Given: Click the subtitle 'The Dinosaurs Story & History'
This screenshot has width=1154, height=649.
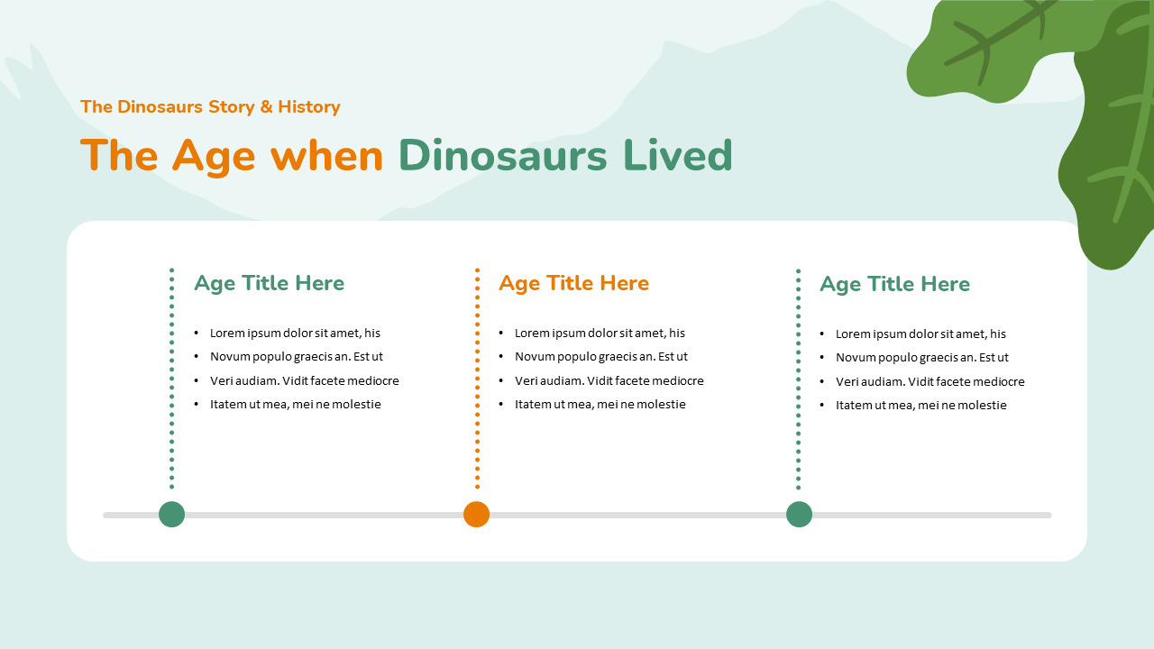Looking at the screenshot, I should pyautogui.click(x=210, y=106).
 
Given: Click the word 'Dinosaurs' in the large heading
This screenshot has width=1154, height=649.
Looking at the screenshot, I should pyautogui.click(x=503, y=155).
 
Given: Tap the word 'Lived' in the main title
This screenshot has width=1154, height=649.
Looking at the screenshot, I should pyautogui.click(x=677, y=155).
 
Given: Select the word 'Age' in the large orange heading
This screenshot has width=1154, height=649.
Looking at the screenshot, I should pyautogui.click(x=214, y=155).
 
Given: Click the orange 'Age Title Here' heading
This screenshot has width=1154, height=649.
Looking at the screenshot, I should pyautogui.click(x=573, y=283).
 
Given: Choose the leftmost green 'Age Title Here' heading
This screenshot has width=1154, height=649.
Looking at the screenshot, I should pyautogui.click(x=269, y=283).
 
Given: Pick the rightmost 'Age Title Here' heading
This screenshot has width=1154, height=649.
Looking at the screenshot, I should pyautogui.click(x=894, y=284).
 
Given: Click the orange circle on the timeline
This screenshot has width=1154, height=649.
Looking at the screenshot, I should pyautogui.click(x=476, y=515).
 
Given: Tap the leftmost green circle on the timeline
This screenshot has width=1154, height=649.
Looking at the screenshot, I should pyautogui.click(x=171, y=515).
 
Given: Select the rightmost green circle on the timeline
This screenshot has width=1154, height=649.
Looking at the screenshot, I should pyautogui.click(x=799, y=515).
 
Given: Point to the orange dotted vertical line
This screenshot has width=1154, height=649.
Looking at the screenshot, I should pyautogui.click(x=477, y=379).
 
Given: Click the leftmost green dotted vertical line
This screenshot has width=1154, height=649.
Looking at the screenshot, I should pyautogui.click(x=171, y=379).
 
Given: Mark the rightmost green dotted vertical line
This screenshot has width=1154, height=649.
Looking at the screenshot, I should pyautogui.click(x=798, y=379).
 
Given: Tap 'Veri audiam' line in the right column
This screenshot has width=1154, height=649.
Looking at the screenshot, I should pyautogui.click(x=930, y=381).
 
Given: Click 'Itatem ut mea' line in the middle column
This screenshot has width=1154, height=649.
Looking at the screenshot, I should pyautogui.click(x=600, y=404).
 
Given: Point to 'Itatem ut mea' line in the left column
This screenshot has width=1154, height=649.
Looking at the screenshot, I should pyautogui.click(x=295, y=404).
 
